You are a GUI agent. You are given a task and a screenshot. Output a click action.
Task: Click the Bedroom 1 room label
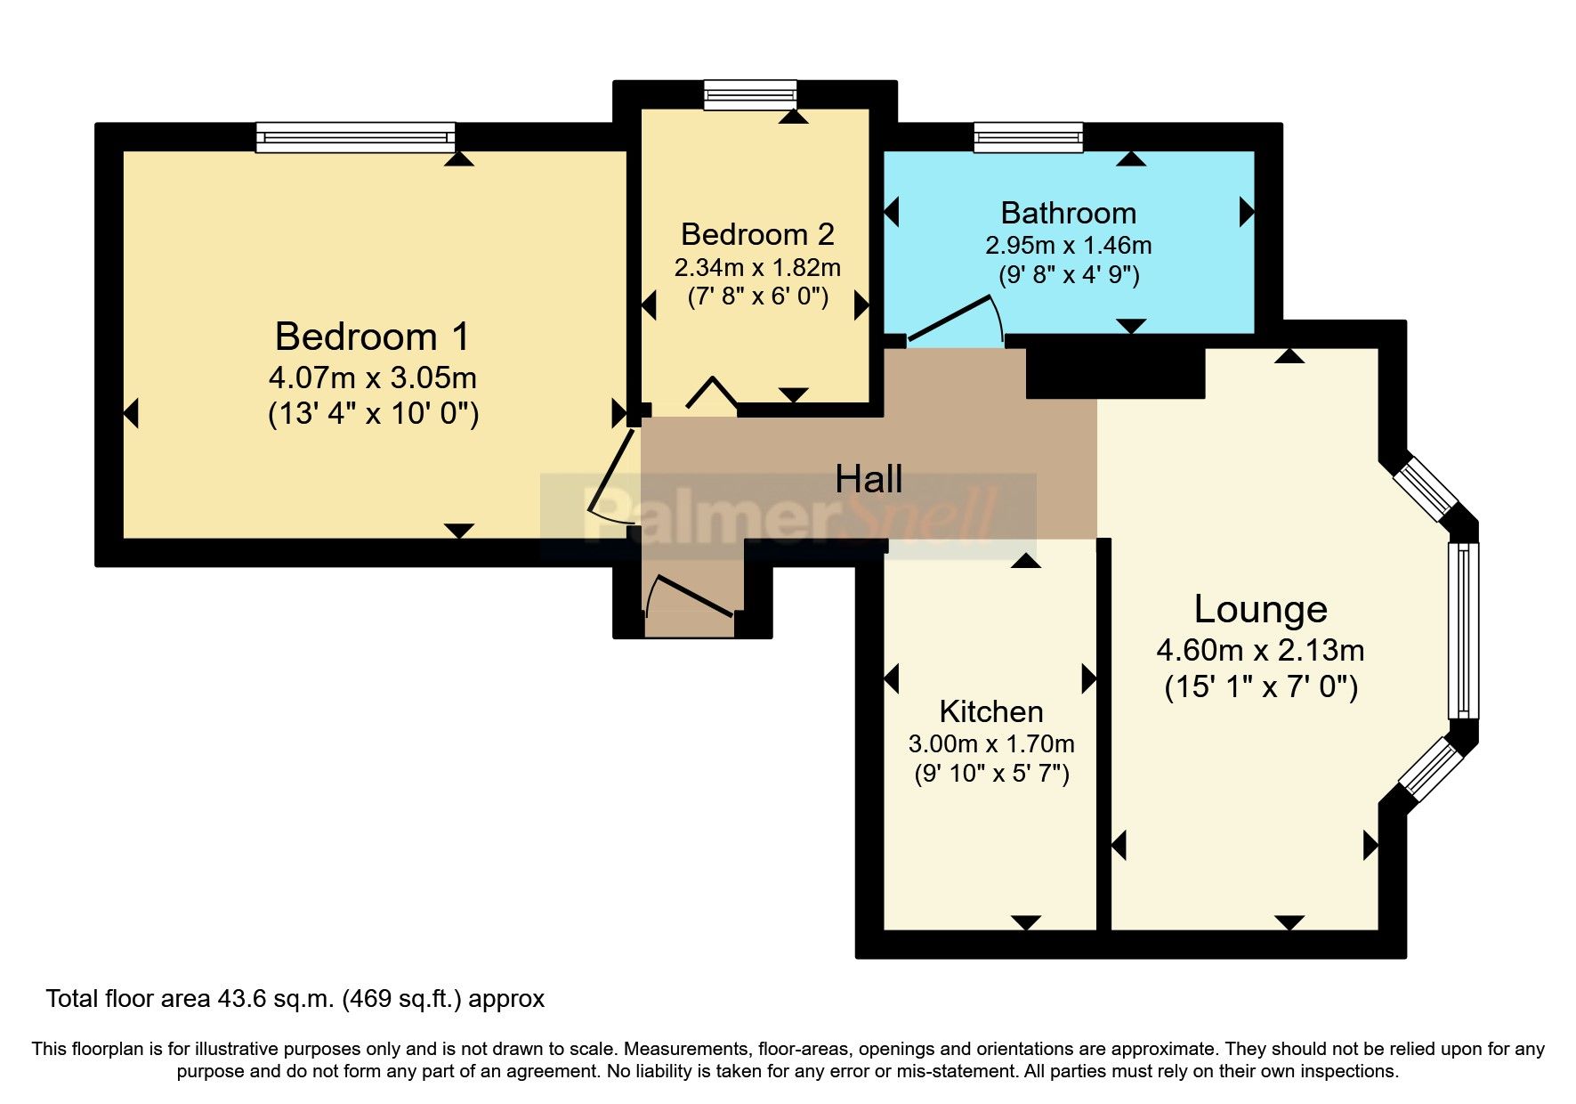coord(372,337)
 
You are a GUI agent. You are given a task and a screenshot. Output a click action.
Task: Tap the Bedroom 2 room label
coord(757,234)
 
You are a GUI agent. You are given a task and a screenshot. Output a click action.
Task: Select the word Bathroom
coord(1068,213)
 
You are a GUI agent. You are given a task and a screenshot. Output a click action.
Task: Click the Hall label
coord(869,480)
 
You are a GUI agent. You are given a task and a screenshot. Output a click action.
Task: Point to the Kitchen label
coord(991,711)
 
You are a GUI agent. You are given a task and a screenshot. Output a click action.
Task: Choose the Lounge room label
coord(1260,610)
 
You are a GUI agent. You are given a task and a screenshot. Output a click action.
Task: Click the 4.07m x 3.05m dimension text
coord(373,377)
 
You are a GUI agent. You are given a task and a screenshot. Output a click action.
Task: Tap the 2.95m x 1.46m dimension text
coord(1068,245)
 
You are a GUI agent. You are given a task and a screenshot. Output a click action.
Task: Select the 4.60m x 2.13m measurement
coord(1260,650)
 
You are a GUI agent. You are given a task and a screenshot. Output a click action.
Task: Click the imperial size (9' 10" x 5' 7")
coord(991,773)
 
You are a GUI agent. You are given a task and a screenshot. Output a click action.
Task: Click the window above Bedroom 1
coord(356,137)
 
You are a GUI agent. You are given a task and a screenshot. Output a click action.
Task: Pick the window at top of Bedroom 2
coord(750,94)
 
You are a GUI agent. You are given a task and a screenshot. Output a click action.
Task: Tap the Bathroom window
coord(1028,137)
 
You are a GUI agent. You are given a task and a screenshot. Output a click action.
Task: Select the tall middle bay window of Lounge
coord(1462,630)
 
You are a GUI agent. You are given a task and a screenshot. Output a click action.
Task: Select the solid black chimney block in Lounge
coord(1115,373)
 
